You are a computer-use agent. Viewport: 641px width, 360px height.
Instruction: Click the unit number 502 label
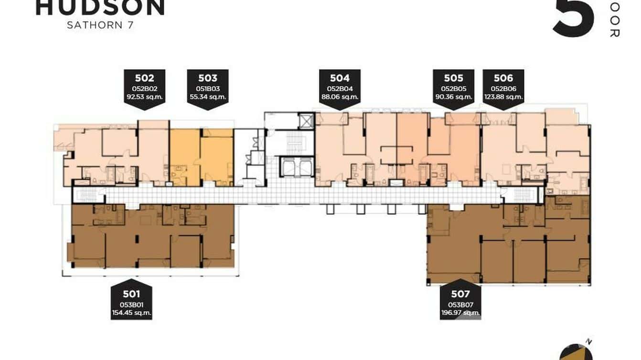point(144,78)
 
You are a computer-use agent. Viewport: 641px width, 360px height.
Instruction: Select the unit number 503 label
point(207,78)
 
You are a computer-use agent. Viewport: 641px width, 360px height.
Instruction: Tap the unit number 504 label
point(340,78)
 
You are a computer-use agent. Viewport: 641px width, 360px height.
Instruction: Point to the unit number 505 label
point(453,78)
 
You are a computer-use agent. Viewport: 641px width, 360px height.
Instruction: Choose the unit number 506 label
point(503,78)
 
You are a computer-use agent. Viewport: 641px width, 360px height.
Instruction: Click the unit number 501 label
point(131,295)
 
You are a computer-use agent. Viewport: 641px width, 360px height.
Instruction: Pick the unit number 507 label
point(460,295)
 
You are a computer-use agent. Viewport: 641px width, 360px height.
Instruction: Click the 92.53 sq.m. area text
point(144,97)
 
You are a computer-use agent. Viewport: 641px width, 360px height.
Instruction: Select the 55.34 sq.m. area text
point(207,97)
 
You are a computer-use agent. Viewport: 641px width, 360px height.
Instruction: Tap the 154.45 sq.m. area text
point(131,313)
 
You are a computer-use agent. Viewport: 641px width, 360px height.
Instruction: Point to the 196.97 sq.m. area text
point(460,313)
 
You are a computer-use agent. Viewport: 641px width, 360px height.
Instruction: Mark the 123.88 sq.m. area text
point(503,97)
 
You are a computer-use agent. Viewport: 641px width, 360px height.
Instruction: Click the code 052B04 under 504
point(340,88)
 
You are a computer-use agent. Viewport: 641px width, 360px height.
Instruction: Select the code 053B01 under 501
point(131,305)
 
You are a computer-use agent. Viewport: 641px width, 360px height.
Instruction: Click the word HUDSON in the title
point(100,7)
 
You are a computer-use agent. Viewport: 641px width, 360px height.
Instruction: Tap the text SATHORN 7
point(100,25)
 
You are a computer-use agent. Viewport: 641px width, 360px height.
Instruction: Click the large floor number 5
point(574,18)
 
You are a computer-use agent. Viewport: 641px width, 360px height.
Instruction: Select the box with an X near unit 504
point(304,119)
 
